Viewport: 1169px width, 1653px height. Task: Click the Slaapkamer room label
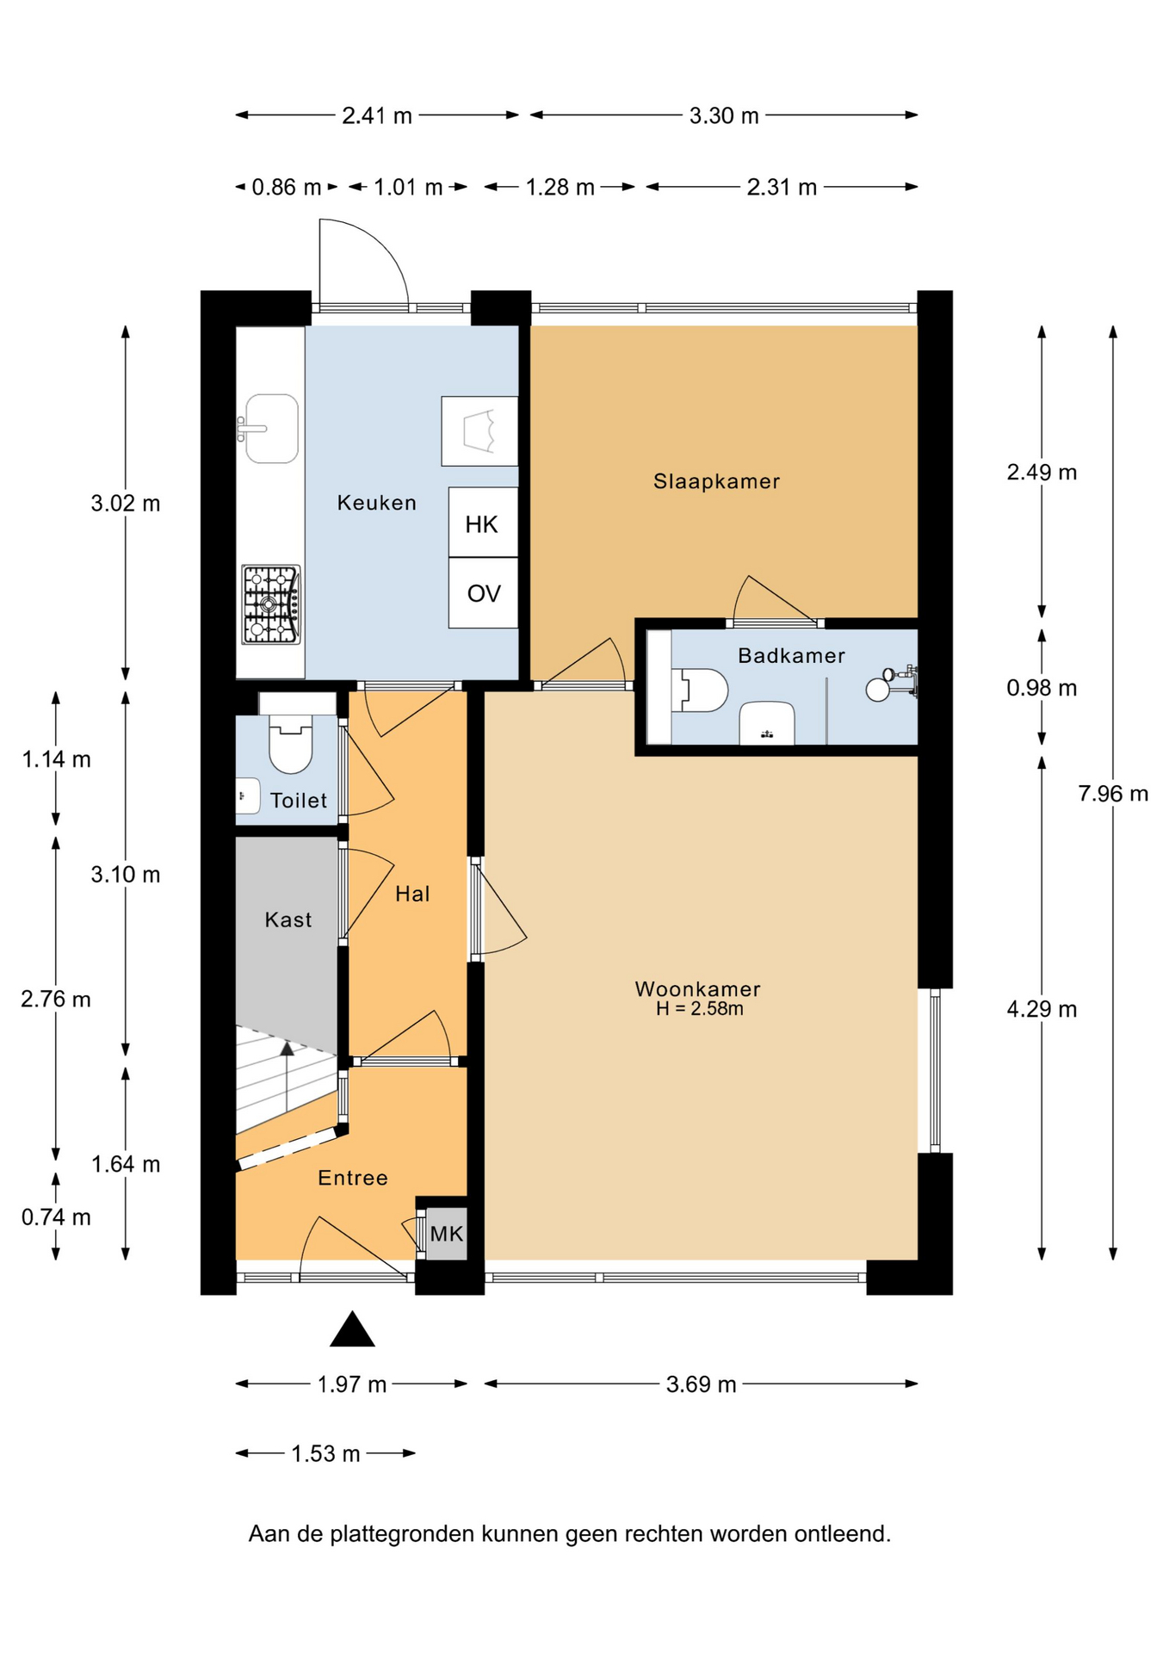point(716,481)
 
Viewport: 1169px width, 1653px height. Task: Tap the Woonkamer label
point(697,989)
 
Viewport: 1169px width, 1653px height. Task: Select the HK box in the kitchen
point(483,523)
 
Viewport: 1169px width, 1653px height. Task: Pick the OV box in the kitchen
point(483,593)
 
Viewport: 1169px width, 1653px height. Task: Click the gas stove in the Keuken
point(271,604)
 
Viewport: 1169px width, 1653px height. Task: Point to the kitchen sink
point(270,428)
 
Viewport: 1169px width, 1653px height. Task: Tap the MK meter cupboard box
point(447,1234)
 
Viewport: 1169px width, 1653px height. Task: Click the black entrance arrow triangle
point(352,1328)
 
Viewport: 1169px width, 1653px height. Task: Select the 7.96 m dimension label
point(1113,794)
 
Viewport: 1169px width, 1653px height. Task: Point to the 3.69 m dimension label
point(701,1384)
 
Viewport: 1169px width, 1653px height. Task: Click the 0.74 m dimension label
point(56,1217)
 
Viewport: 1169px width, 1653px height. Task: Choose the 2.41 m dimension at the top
point(377,115)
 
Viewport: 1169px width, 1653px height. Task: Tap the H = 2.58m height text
point(699,1009)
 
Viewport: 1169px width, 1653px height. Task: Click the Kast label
point(288,919)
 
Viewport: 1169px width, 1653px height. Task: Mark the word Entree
point(353,1178)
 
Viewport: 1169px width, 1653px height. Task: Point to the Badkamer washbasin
point(767,723)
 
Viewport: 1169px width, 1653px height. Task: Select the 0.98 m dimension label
point(1042,688)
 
